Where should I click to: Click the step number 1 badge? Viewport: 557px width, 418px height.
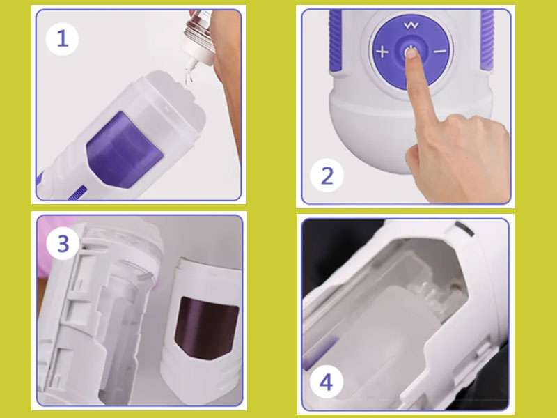click(x=62, y=39)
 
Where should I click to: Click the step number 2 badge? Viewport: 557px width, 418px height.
click(x=327, y=176)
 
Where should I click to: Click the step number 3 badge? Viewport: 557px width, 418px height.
click(x=63, y=243)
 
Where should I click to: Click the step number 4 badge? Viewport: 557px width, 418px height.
click(x=326, y=382)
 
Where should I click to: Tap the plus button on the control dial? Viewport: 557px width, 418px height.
click(x=382, y=52)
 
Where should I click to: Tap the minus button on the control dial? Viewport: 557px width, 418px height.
click(x=440, y=52)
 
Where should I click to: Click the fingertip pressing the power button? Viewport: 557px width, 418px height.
click(x=411, y=54)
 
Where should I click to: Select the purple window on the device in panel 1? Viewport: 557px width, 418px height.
click(x=125, y=150)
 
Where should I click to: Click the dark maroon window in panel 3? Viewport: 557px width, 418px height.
click(x=206, y=327)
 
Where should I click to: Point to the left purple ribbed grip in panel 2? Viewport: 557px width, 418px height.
click(x=336, y=40)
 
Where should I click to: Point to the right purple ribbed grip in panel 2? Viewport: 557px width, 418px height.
click(x=487, y=39)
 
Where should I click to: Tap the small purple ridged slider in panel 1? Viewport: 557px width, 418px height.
click(x=77, y=193)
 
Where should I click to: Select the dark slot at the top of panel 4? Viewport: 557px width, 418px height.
click(x=464, y=229)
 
